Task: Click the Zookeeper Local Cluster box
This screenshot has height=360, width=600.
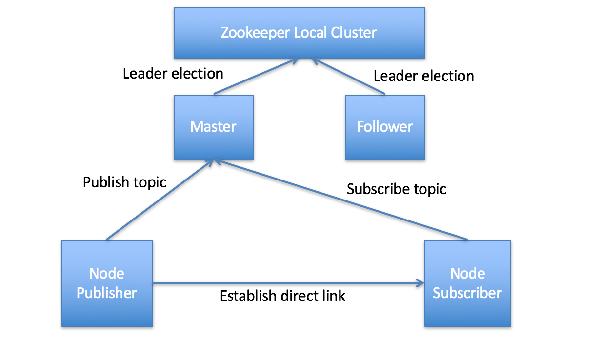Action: (299, 33)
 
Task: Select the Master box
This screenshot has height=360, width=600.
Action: (214, 127)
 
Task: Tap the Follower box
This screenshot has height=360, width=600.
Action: (385, 127)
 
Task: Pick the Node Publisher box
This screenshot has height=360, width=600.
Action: (107, 283)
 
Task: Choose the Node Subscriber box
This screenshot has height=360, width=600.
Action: (467, 283)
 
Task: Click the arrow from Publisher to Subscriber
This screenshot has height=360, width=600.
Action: (288, 282)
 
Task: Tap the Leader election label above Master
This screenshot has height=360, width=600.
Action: (173, 74)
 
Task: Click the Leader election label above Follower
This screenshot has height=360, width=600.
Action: (423, 76)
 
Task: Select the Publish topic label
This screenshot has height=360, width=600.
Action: (124, 182)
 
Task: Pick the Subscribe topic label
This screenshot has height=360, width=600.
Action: (397, 189)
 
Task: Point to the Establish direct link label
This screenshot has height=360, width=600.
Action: (282, 296)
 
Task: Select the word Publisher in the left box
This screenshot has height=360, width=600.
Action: (107, 293)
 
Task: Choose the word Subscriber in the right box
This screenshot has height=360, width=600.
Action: (467, 293)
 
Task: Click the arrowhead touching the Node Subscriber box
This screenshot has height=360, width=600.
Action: (420, 282)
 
